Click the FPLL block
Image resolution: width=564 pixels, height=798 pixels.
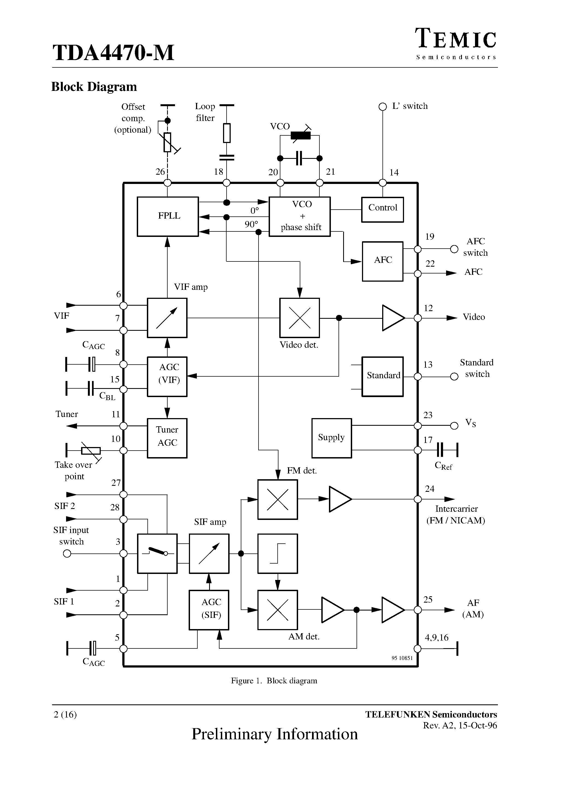click(168, 216)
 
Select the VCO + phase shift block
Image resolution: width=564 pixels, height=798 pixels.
click(299, 216)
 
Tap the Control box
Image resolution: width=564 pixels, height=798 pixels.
click(382, 210)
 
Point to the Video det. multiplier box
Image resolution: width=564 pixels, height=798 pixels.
click(299, 318)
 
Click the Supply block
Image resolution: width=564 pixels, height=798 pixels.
click(331, 438)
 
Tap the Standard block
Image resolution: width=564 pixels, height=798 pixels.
click(382, 376)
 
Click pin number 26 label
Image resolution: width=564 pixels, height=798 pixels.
click(160, 172)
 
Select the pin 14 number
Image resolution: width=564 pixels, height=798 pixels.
click(394, 172)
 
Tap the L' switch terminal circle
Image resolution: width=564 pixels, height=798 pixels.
click(382, 107)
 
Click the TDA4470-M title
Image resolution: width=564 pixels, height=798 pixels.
click(113, 53)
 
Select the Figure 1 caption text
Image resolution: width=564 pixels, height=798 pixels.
click(274, 681)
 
